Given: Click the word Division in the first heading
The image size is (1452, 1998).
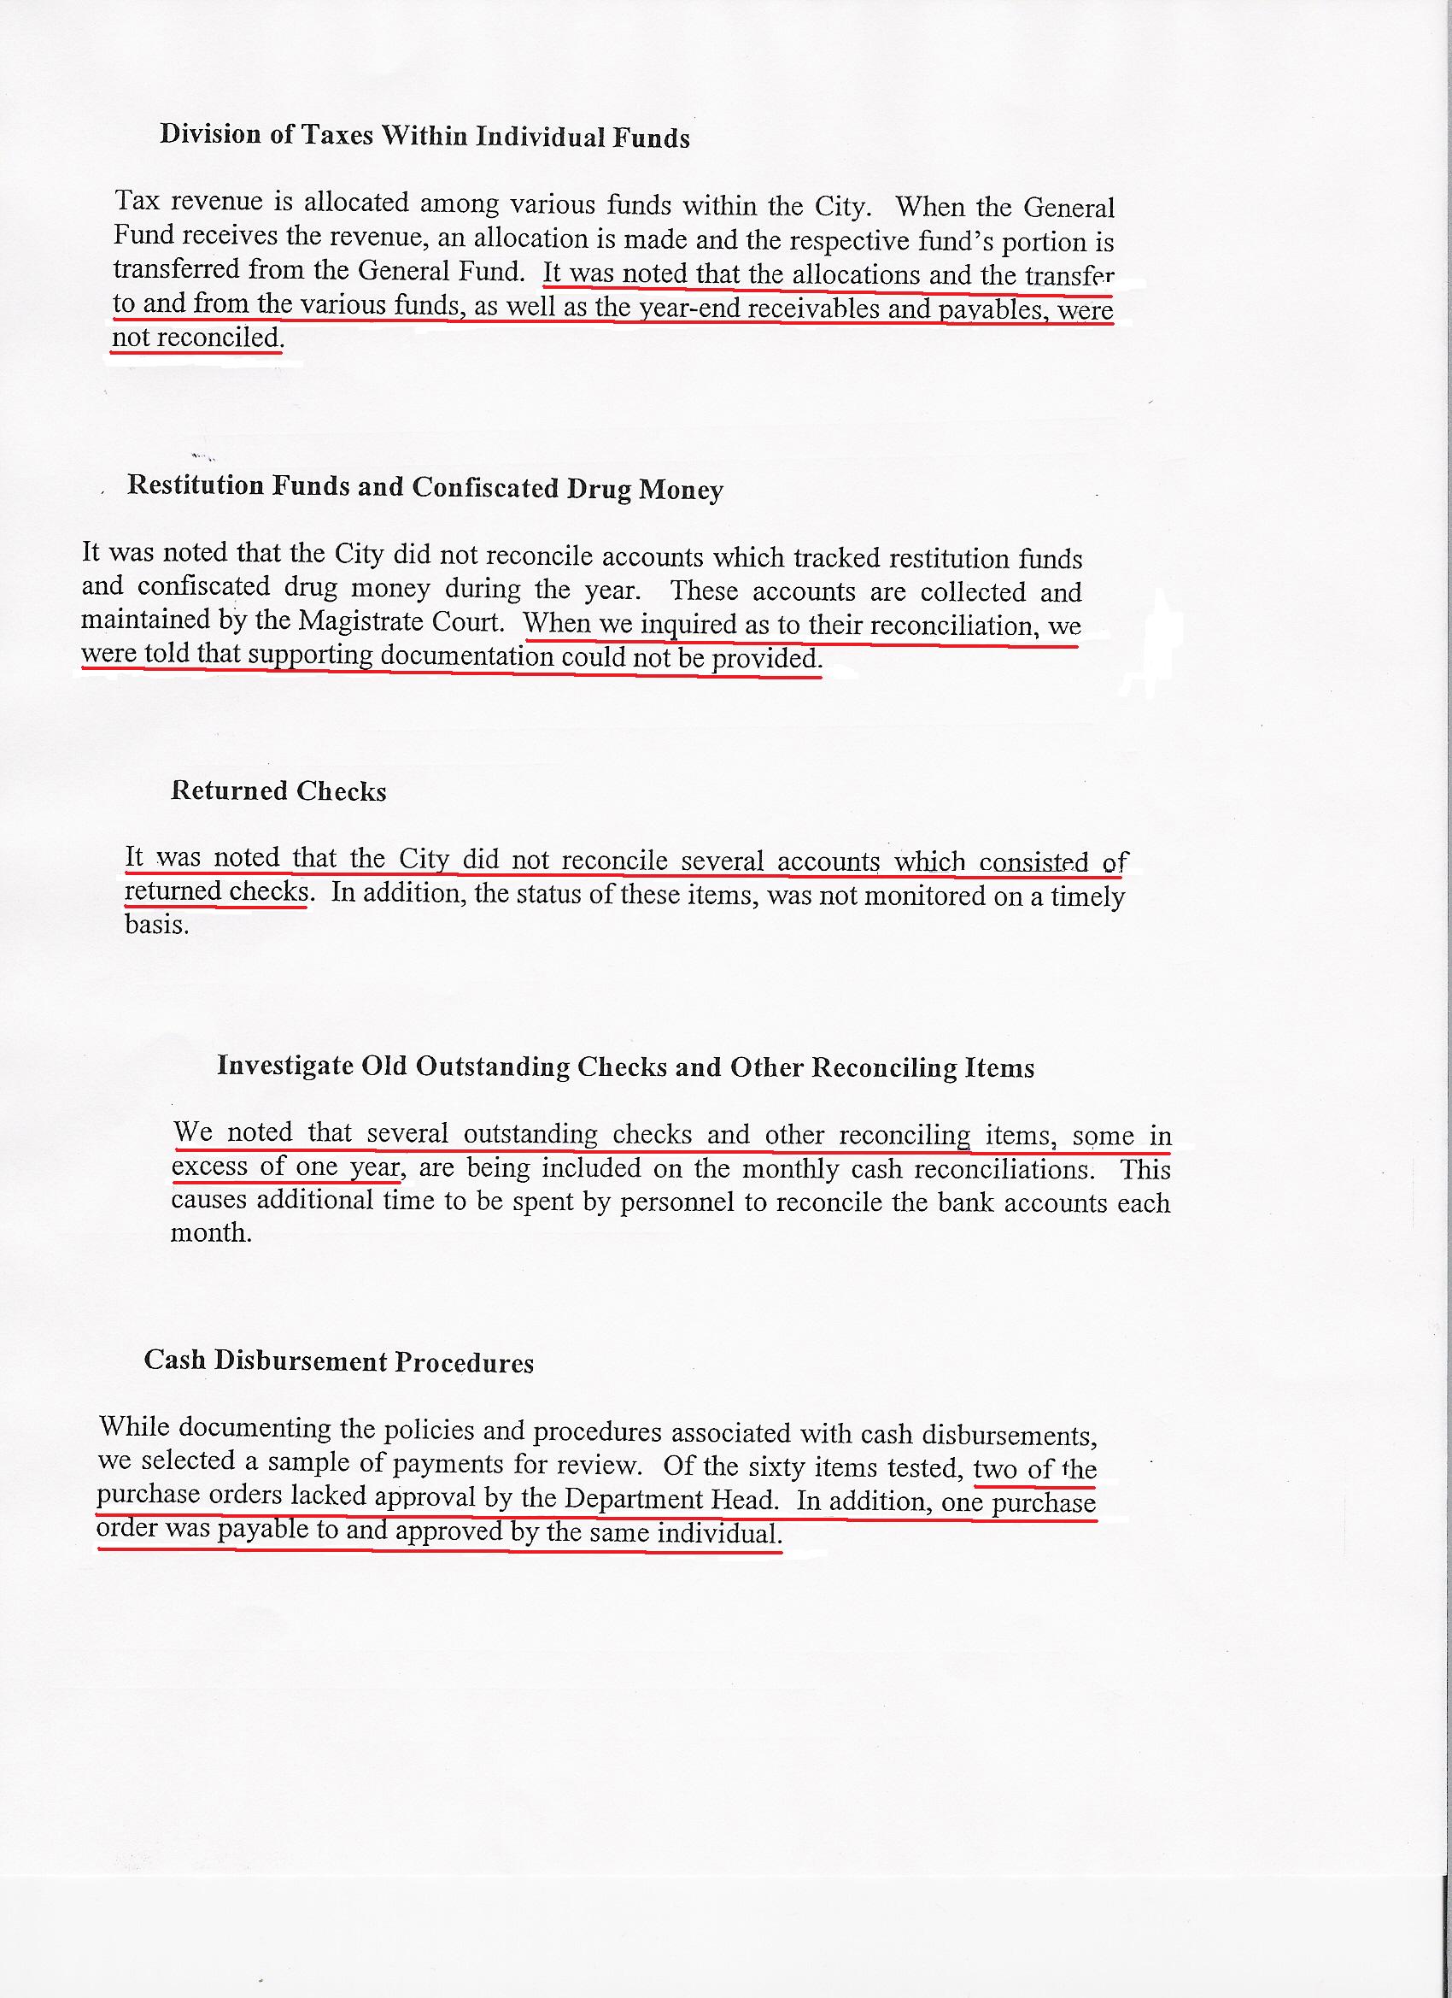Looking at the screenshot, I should coord(210,134).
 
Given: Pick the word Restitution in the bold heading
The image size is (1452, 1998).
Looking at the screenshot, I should coord(196,485).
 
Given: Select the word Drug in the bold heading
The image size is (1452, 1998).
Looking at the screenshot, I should coord(599,489).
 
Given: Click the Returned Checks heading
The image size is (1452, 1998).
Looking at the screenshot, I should coord(278,790).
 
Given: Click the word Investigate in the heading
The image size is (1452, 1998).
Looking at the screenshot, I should coord(286,1065).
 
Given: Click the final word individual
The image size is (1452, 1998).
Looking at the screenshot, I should coord(718,1534).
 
